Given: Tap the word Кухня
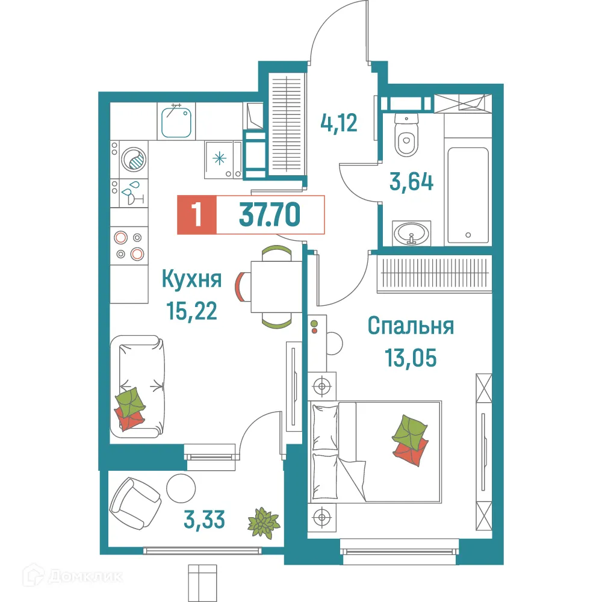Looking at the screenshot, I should point(192,279).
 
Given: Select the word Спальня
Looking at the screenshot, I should point(411,327).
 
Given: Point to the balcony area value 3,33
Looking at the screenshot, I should point(205,519).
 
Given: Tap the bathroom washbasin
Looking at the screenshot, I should point(412,232).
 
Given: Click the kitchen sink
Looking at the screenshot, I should point(177,120).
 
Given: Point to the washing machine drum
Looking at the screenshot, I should point(133,160).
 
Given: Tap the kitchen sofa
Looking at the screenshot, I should point(138,385).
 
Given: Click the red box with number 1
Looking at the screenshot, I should point(195,215).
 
